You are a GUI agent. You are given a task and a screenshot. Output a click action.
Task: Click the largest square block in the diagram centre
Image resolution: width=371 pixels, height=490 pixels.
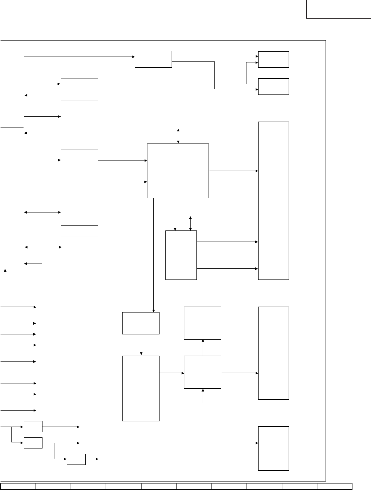[178, 170]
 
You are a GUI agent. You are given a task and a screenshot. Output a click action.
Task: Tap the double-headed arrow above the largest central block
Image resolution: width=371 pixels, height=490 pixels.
[178, 136]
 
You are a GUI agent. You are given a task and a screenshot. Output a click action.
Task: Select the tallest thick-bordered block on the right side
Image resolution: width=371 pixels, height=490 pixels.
[273, 201]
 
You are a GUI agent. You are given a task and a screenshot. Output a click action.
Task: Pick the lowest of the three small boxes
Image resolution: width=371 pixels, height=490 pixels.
[76, 459]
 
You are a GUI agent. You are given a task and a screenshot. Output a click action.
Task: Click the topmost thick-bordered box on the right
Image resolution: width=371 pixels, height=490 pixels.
[273, 59]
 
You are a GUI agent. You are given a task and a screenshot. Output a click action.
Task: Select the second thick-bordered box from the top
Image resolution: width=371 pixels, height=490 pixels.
[273, 87]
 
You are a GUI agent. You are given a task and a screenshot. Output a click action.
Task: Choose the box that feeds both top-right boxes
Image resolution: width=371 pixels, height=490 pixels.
[153, 59]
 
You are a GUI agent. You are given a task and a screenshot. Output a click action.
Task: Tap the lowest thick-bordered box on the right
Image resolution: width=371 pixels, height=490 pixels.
[273, 448]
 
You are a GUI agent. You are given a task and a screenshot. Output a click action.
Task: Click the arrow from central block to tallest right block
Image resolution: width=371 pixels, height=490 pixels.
[233, 171]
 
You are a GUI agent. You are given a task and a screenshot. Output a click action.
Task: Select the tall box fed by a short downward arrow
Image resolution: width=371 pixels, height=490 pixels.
[141, 388]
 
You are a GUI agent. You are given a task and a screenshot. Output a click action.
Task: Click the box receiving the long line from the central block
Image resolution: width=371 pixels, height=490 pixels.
[141, 323]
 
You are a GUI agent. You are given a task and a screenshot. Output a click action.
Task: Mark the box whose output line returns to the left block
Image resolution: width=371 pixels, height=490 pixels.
[202, 323]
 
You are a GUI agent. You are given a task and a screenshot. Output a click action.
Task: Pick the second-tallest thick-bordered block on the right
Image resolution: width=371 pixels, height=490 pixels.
[273, 353]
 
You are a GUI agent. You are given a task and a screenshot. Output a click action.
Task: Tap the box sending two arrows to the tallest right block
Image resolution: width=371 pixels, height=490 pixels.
[181, 255]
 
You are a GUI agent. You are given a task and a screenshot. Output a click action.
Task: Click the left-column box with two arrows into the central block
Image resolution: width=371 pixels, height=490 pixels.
[79, 168]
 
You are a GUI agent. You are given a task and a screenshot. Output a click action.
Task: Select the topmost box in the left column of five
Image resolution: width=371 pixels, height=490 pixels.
[79, 89]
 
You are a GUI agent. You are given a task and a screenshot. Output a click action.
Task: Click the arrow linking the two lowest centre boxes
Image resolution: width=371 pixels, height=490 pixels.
[172, 372]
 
